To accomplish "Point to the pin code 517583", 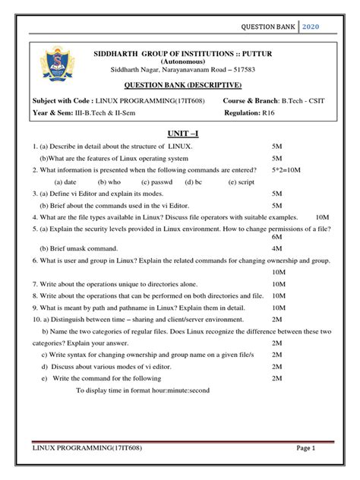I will pos(254,70).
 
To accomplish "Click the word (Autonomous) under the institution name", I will pos(182,60).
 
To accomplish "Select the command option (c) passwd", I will pos(157,183).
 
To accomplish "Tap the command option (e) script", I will pos(241,183).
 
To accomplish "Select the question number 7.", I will pos(35,285).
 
